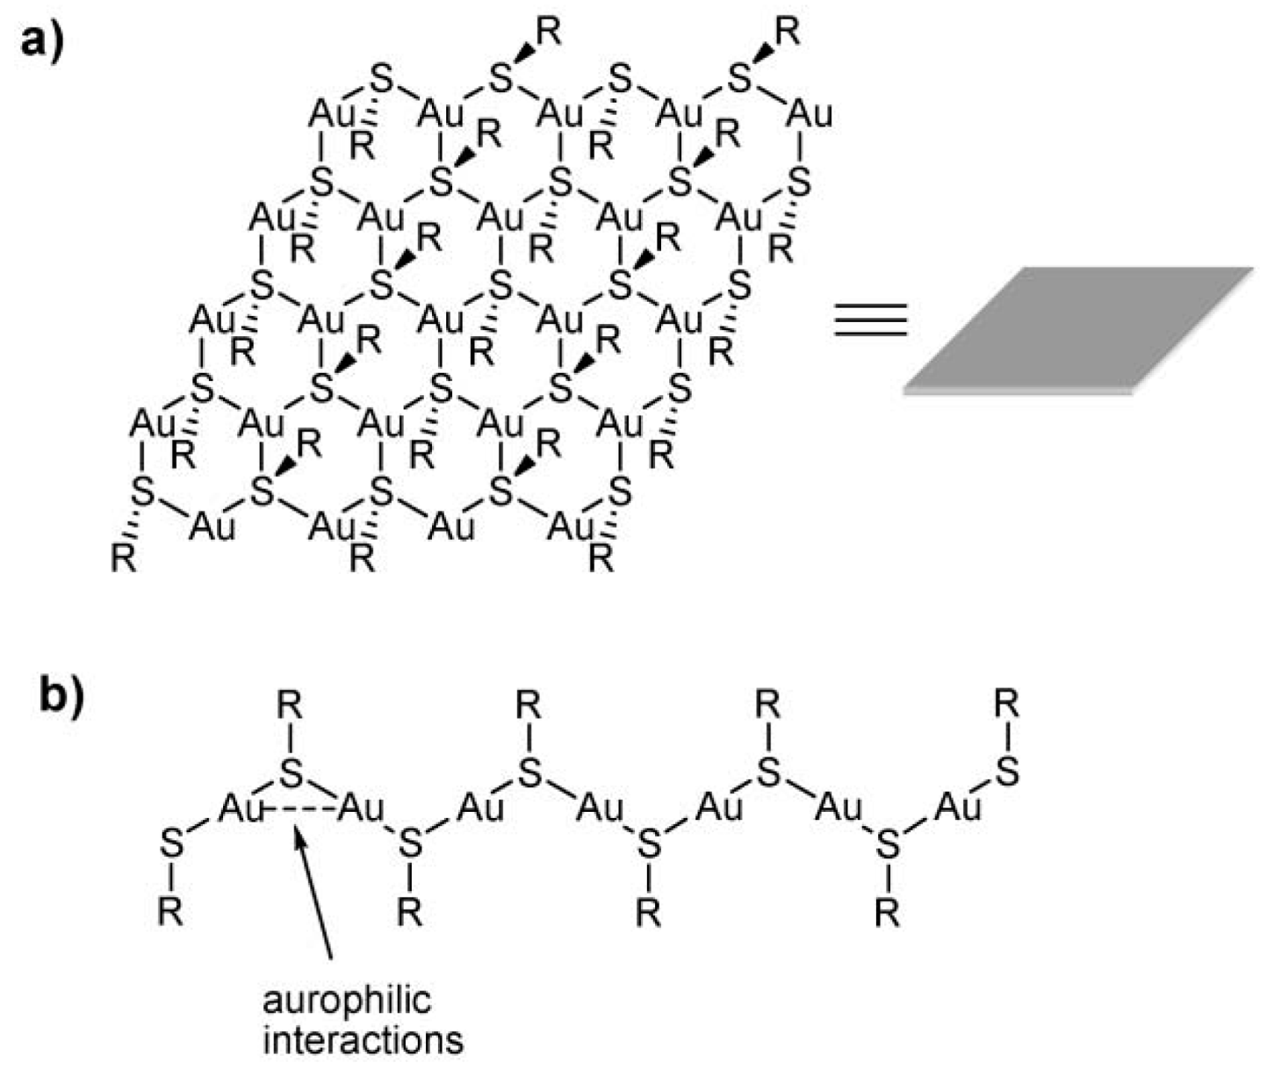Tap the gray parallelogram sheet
(1078, 329)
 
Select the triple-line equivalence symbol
(869, 320)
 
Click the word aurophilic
(348, 1001)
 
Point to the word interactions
(363, 1040)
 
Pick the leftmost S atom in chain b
(172, 844)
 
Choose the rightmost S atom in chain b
(1007, 772)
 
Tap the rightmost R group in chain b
(1007, 703)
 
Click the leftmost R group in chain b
(170, 913)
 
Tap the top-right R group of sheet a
(788, 32)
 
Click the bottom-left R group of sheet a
(124, 558)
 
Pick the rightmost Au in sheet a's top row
(809, 114)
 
